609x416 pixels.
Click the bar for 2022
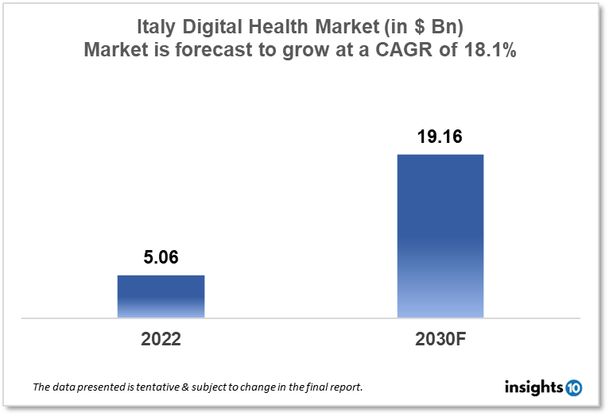[161, 296]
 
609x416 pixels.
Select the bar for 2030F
[440, 236]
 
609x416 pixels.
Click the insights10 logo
[543, 387]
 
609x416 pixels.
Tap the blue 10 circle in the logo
[572, 387]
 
